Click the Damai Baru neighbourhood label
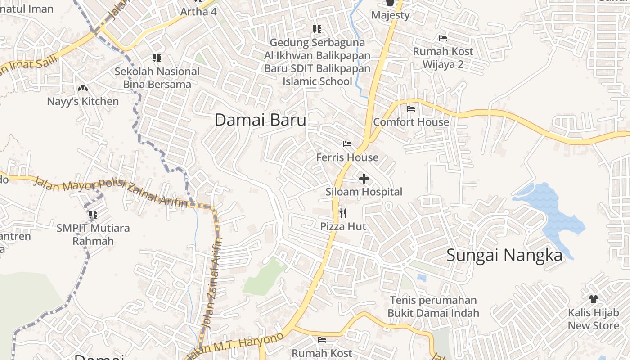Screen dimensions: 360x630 click(260, 120)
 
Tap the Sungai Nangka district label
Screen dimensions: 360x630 click(504, 256)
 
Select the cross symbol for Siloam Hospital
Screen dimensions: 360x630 click(364, 179)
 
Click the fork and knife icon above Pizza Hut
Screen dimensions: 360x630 click(343, 213)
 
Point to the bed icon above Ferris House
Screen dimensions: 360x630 click(347, 144)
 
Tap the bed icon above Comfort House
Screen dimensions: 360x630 click(410, 108)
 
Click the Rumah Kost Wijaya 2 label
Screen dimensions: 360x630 click(443, 58)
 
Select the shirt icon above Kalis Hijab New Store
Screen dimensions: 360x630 click(593, 299)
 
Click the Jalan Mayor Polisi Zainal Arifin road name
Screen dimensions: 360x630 click(110, 192)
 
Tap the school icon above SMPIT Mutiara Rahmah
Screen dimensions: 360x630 click(93, 215)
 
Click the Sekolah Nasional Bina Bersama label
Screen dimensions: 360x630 click(157, 77)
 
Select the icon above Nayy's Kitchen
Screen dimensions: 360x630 click(83, 88)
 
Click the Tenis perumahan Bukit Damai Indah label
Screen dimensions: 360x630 click(433, 306)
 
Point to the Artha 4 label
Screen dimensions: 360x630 click(198, 12)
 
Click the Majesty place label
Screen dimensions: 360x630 click(390, 15)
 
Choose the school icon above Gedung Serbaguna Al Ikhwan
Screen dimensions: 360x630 click(317, 29)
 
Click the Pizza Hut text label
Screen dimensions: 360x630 click(343, 226)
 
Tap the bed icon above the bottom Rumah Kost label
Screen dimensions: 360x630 click(321, 340)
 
